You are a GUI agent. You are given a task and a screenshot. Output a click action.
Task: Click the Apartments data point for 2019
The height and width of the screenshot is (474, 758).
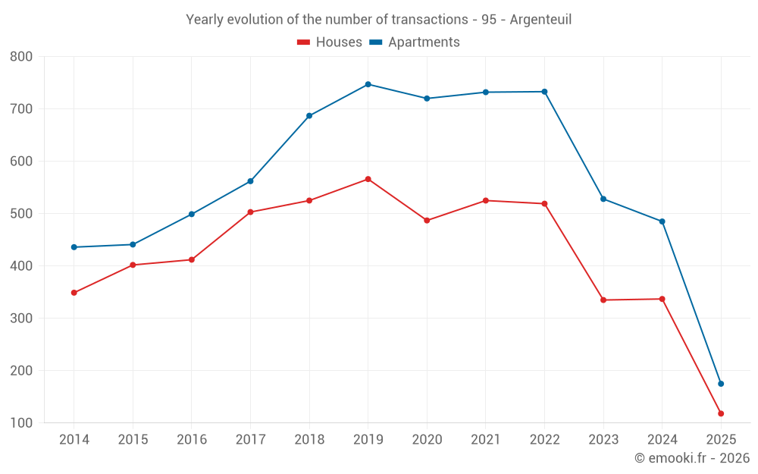368,84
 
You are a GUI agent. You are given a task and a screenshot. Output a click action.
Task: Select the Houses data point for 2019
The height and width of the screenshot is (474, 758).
368,179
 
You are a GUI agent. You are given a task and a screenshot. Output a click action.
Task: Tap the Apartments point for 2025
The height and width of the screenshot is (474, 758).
721,384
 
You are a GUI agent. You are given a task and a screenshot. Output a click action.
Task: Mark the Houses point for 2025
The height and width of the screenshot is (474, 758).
721,413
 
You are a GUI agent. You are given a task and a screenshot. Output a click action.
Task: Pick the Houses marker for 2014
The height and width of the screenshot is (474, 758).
74,293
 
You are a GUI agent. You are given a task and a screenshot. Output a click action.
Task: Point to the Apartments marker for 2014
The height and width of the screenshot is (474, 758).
74,247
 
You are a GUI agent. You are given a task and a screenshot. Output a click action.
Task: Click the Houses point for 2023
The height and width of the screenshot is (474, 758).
603,300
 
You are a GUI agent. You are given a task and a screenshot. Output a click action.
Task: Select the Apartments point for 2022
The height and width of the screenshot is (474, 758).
544,92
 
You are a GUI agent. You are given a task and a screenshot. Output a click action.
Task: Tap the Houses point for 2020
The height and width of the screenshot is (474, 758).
427,221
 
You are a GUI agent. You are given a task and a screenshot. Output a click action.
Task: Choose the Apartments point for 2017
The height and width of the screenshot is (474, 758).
250,181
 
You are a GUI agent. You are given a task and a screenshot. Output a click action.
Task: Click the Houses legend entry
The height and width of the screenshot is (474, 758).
330,42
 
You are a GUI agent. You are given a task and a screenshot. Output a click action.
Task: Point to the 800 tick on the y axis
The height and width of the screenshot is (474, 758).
21,56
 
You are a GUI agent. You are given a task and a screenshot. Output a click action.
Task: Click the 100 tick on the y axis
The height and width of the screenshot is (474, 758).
21,423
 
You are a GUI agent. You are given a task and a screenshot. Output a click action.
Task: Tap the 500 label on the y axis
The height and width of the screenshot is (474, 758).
21,214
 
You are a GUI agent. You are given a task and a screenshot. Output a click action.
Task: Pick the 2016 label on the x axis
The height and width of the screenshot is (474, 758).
191,440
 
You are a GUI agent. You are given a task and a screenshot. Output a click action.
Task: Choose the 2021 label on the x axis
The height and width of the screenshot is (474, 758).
486,440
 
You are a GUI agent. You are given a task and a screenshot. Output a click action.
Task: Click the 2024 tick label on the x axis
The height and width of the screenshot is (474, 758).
662,440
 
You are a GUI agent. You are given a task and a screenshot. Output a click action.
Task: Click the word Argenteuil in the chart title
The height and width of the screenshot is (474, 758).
540,19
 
